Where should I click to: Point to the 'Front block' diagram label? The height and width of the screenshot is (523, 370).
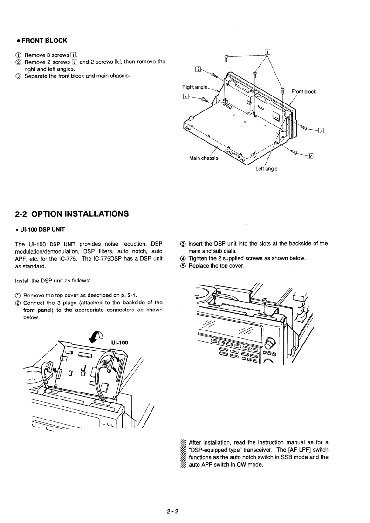[x=304, y=91]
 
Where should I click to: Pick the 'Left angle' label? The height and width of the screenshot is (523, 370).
[x=267, y=169]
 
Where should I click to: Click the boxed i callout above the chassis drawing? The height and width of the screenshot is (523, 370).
[x=268, y=51]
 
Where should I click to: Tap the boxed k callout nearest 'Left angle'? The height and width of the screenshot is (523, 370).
[x=310, y=155]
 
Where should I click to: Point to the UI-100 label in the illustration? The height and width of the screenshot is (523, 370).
[x=120, y=342]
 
